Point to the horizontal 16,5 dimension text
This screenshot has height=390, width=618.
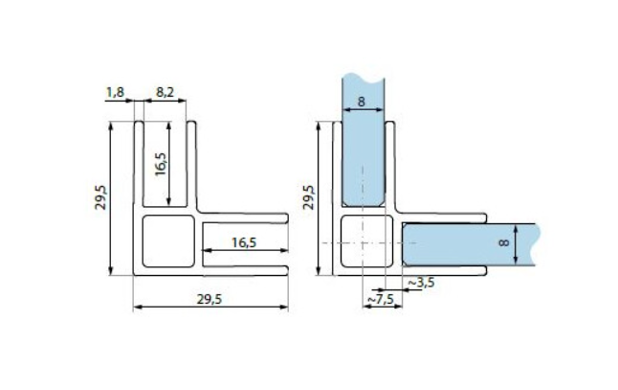(x=245, y=242)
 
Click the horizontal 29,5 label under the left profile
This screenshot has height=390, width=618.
(x=210, y=299)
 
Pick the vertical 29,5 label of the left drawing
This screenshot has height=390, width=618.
(x=102, y=199)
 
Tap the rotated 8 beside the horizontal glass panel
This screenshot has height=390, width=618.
(x=504, y=244)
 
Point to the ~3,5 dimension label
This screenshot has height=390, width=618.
(x=422, y=284)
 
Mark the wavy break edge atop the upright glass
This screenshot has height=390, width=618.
(x=364, y=74)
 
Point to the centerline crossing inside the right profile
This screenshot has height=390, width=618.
(x=364, y=243)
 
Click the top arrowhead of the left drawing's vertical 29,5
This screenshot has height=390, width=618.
(x=112, y=126)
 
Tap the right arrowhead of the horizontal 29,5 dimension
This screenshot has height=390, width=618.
(x=284, y=307)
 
